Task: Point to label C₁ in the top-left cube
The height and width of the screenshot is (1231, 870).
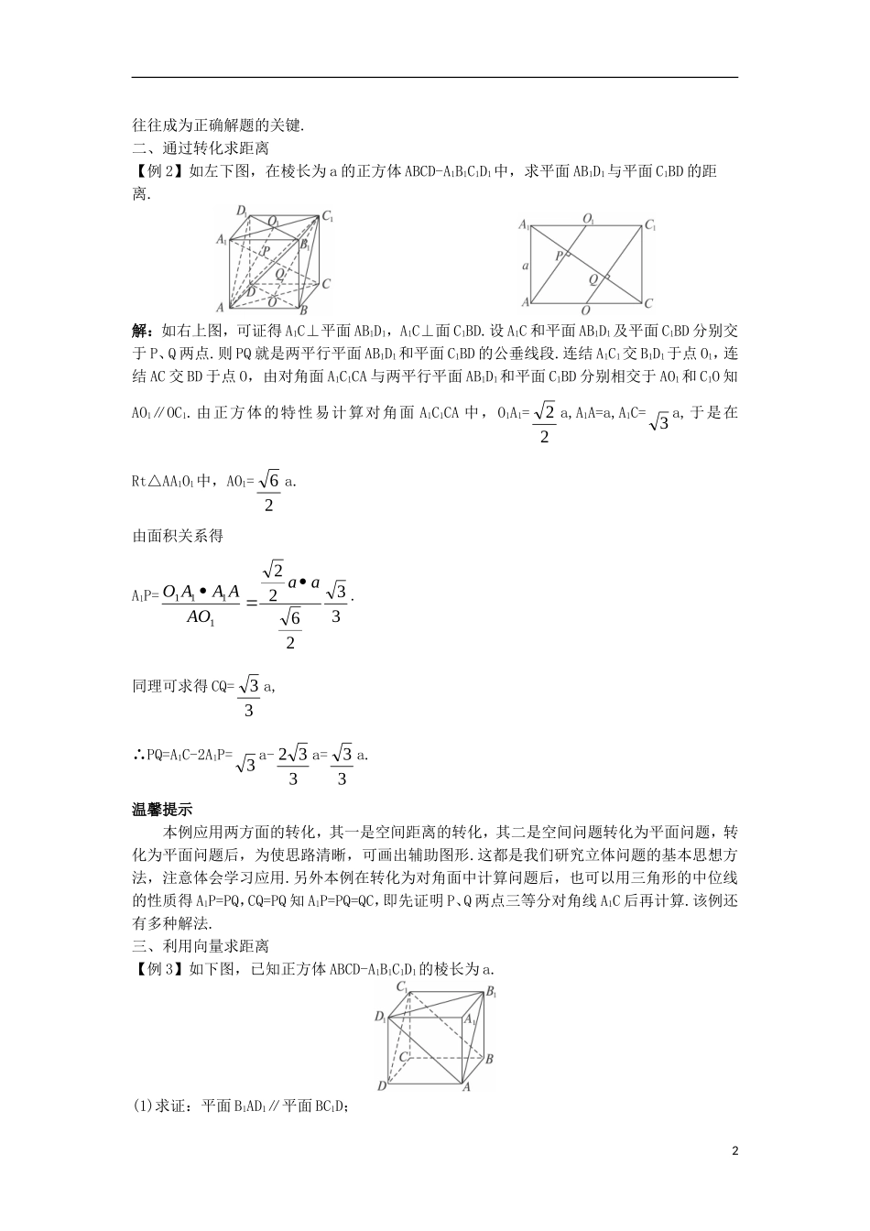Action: click(327, 217)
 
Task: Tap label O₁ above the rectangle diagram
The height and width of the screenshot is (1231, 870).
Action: click(588, 219)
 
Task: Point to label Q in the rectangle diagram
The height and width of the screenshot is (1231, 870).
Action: click(593, 278)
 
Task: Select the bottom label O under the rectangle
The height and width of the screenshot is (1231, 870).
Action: click(585, 311)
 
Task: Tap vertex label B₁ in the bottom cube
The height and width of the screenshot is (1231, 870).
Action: click(492, 991)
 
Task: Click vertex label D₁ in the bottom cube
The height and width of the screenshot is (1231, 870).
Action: click(380, 1017)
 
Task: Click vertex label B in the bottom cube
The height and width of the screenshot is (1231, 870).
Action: click(490, 1059)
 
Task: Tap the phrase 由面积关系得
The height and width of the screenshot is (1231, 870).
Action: click(178, 536)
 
